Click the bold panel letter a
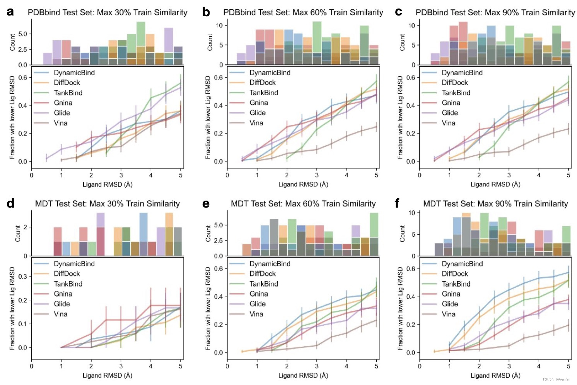[x=10, y=12]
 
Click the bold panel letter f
[x=397, y=203]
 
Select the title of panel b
[x=303, y=12]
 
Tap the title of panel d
[x=107, y=204]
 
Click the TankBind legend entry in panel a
[x=68, y=93]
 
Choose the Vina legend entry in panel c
[x=448, y=123]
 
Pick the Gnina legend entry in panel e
[x=259, y=294]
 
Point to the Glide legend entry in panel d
[x=62, y=304]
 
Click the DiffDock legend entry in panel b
[x=263, y=82]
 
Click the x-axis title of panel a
[x=108, y=184]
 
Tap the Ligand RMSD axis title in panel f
[x=495, y=375]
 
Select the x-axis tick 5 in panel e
[x=376, y=366]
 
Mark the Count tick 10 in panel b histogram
[x=219, y=26]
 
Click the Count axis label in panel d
[x=17, y=234]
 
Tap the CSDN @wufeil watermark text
[x=557, y=380]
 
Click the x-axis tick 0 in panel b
[x=227, y=175]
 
